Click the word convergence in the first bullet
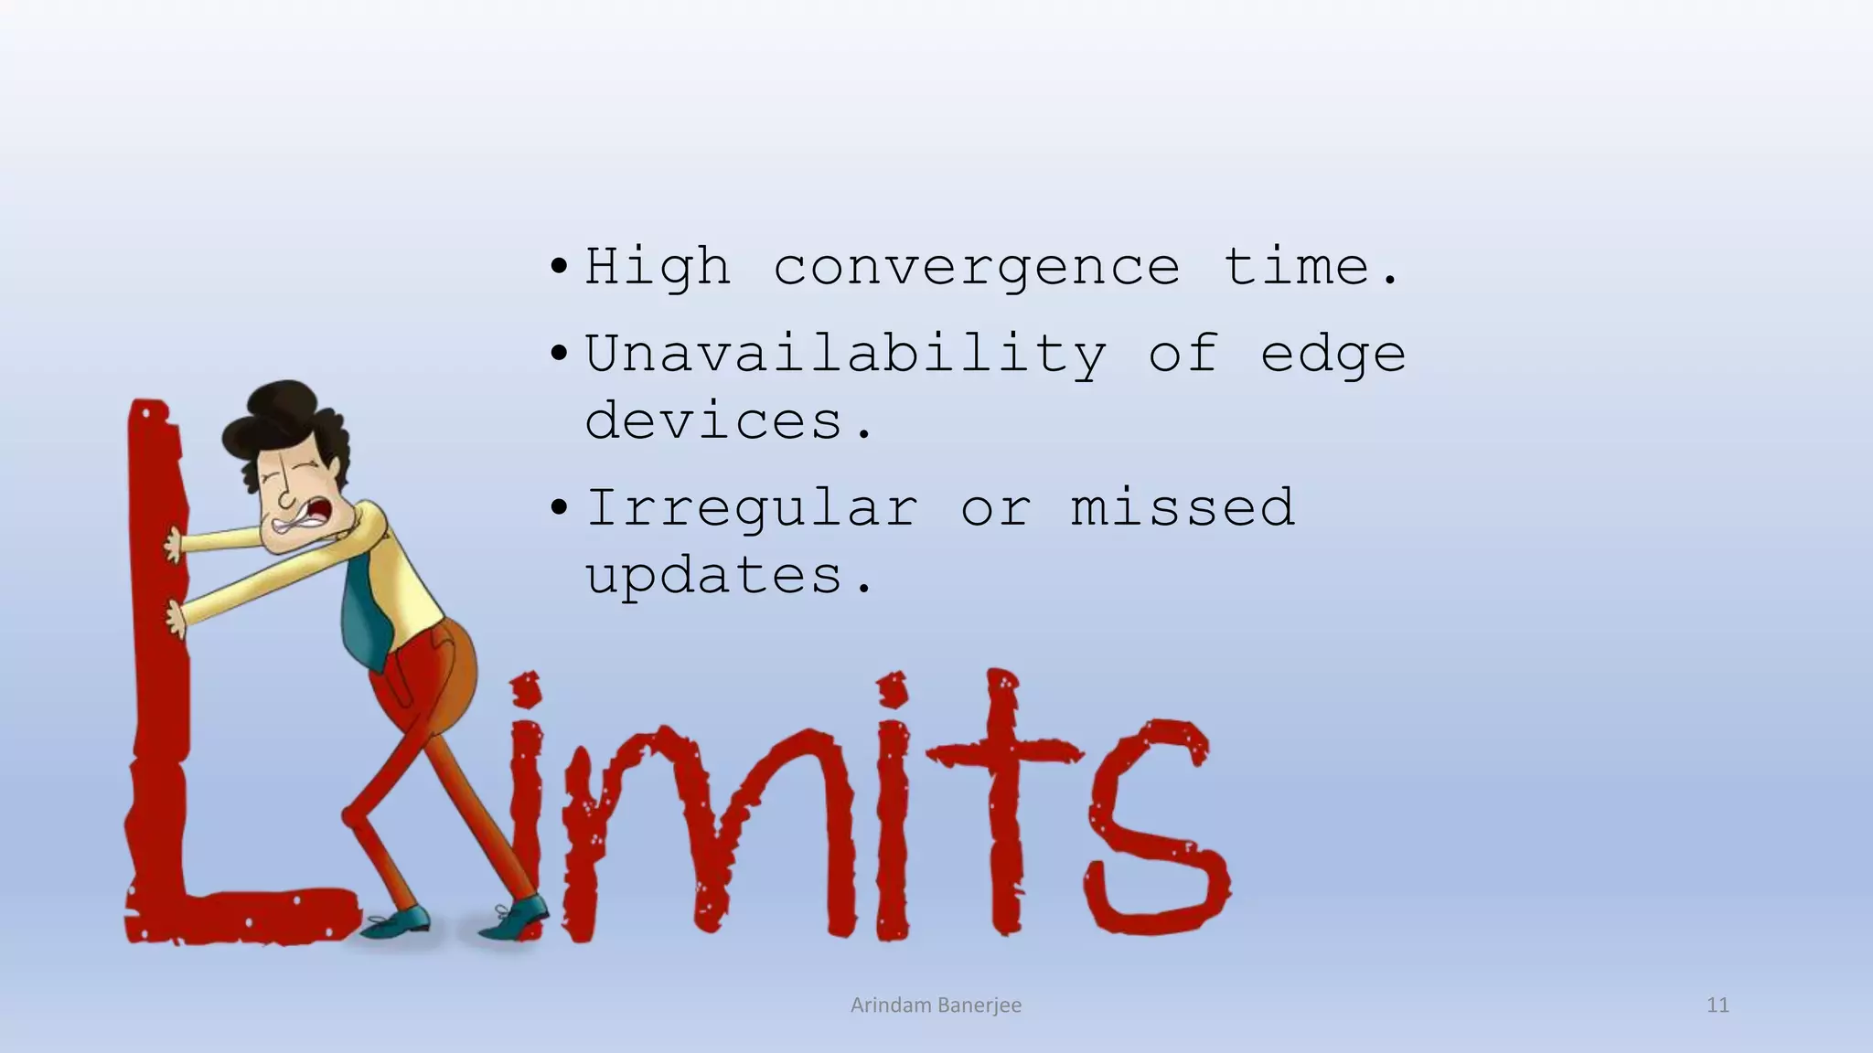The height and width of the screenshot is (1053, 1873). click(977, 268)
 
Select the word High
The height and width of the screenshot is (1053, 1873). click(658, 268)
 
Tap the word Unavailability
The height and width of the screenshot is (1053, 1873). click(845, 355)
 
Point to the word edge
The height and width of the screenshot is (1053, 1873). click(1333, 355)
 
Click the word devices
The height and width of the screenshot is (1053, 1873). click(728, 421)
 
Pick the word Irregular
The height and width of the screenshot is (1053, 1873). click(752, 509)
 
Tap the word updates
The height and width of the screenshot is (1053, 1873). click(728, 576)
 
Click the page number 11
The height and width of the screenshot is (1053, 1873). click(1718, 1005)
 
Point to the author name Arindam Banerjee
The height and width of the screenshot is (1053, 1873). click(936, 1005)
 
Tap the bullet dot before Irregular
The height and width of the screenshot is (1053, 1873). click(559, 508)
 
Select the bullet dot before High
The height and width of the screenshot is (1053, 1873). click(559, 269)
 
